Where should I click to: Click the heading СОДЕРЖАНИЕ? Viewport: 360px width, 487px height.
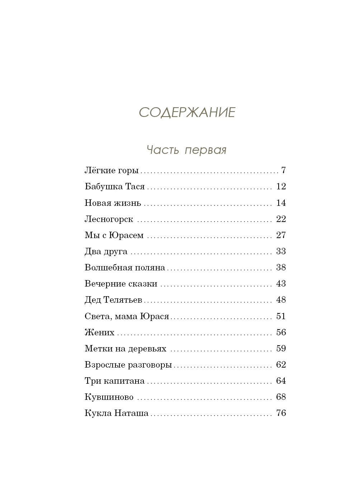187,113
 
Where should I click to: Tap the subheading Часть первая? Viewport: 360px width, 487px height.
187,150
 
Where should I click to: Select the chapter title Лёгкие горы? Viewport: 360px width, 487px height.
112,170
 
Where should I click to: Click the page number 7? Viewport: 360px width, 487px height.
283,170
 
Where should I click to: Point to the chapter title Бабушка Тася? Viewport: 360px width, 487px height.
115,186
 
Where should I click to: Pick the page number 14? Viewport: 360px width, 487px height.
281,203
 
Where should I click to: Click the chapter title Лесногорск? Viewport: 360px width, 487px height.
109,219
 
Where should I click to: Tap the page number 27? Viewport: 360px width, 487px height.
281,235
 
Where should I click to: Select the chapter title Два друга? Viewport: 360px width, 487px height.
106,251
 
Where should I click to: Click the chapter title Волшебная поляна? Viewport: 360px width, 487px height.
125,268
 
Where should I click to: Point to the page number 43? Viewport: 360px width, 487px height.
281,284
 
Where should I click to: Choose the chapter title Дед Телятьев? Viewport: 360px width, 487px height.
113,300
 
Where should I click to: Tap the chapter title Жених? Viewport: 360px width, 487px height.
99,332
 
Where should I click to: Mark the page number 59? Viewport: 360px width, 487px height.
281,349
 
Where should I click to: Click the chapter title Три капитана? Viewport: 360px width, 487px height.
114,381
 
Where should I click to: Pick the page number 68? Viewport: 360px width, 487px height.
281,397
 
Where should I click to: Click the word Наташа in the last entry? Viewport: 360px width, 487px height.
131,413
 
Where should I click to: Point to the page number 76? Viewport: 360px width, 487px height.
281,413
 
